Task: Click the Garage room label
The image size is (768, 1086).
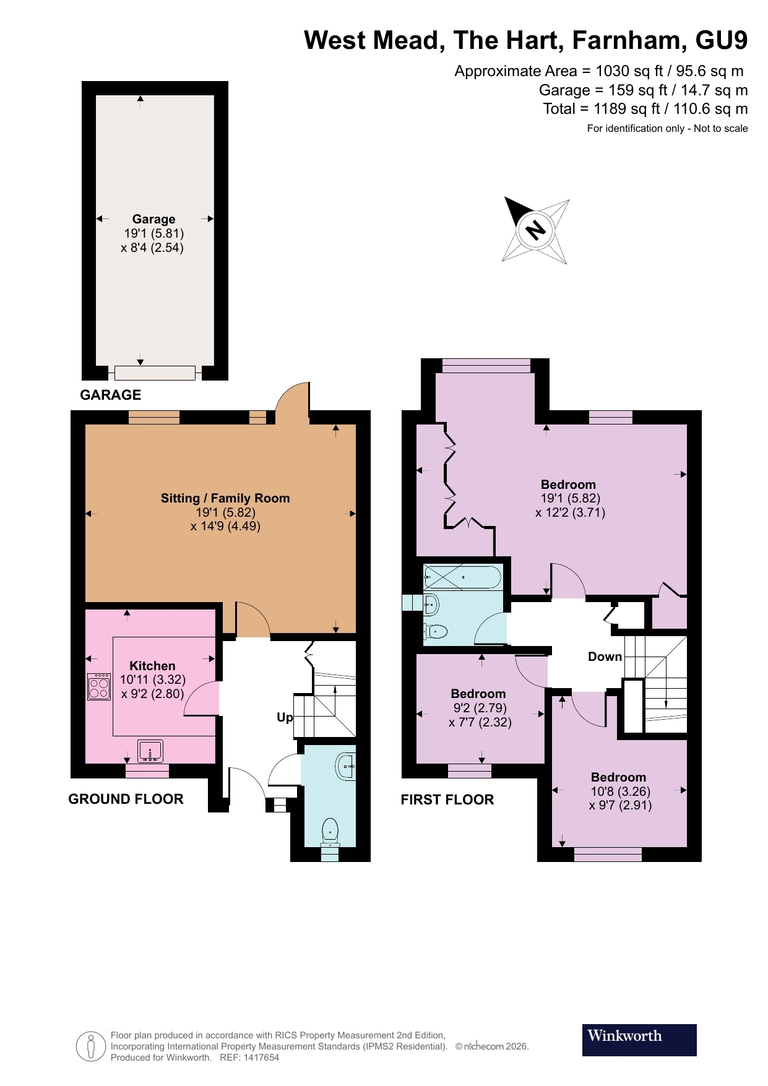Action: tap(153, 219)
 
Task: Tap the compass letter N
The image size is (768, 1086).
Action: tap(535, 230)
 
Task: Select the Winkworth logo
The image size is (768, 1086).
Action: tap(639, 1040)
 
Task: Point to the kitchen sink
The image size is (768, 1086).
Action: tap(150, 751)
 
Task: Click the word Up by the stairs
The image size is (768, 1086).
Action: tap(285, 717)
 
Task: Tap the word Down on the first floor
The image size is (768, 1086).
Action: tap(605, 657)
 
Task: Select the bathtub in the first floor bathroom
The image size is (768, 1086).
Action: tap(462, 577)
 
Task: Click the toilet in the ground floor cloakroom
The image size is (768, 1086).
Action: tap(330, 831)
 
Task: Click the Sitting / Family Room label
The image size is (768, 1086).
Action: tap(225, 498)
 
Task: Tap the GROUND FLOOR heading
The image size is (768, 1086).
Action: tap(126, 799)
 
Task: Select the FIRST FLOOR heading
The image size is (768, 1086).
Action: tap(447, 799)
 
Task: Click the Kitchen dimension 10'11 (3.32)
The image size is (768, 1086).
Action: tap(152, 679)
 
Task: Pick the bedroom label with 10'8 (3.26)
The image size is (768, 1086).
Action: tap(618, 777)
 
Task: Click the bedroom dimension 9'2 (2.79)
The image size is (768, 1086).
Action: tap(480, 708)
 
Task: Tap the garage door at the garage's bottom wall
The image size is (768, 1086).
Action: tap(155, 373)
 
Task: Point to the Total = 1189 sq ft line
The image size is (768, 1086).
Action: tap(645, 109)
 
